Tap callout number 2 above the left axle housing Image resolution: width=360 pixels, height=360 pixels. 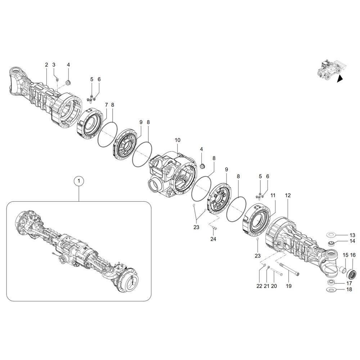pos(46,65)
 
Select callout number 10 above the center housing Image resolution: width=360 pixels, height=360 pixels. pos(177,140)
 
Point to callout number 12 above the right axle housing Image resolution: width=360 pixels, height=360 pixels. pos(288,195)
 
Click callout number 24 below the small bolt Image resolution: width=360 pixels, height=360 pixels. pos(213,239)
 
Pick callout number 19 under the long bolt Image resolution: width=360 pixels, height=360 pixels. pos(289,286)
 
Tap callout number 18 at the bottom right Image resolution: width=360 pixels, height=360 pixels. pos(349,289)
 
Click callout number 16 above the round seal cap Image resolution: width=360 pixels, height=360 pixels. pos(353,255)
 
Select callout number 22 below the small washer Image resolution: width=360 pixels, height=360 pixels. pos(260,286)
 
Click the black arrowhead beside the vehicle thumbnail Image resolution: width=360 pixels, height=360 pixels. pos(339,80)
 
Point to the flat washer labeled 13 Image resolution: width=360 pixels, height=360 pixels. pos(332,235)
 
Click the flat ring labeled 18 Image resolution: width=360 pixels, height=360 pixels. pos(331,290)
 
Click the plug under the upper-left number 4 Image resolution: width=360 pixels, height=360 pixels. pos(67,84)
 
